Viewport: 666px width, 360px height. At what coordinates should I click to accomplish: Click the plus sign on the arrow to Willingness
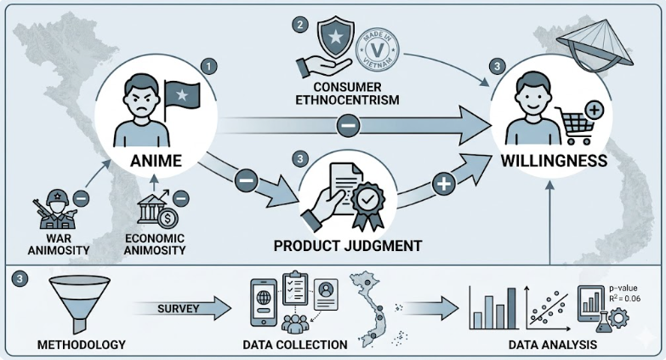pos(442,184)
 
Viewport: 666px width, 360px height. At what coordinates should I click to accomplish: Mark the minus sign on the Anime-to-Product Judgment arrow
pos(245,180)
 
